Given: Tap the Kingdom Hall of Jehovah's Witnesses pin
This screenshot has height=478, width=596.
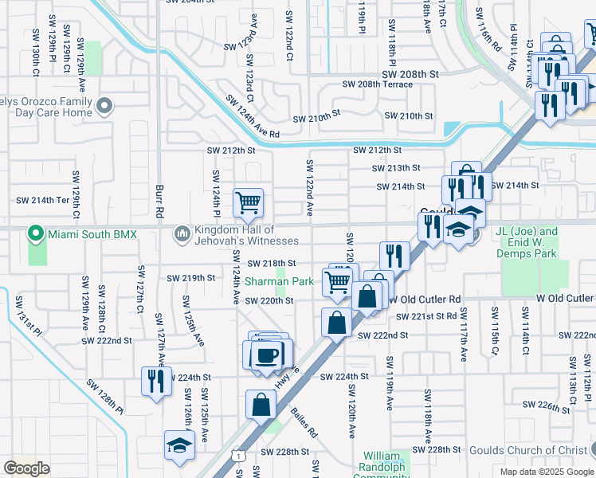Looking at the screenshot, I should point(182,233).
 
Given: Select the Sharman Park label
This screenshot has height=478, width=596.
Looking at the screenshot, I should point(279,281).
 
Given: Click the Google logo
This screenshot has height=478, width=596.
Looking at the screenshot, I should point(26,468).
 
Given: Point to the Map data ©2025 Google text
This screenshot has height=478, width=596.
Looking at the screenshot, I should point(546,472).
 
